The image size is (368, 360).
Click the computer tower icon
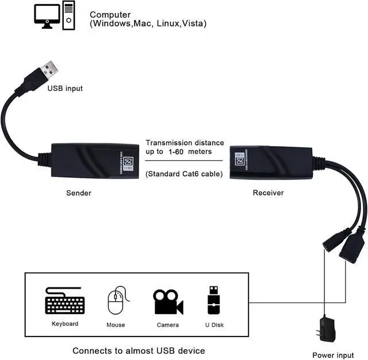tap(68, 15)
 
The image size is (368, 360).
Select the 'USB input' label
tap(64, 89)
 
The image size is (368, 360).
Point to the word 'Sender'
tap(79, 193)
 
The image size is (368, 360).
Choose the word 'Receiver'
tap(269, 193)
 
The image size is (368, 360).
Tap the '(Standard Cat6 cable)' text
tap(184, 173)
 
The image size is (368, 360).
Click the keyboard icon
tap(65, 303)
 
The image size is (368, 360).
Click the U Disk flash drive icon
tap(213, 301)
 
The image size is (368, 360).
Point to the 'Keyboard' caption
tap(65, 324)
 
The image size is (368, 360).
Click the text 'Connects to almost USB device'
tap(139, 350)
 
